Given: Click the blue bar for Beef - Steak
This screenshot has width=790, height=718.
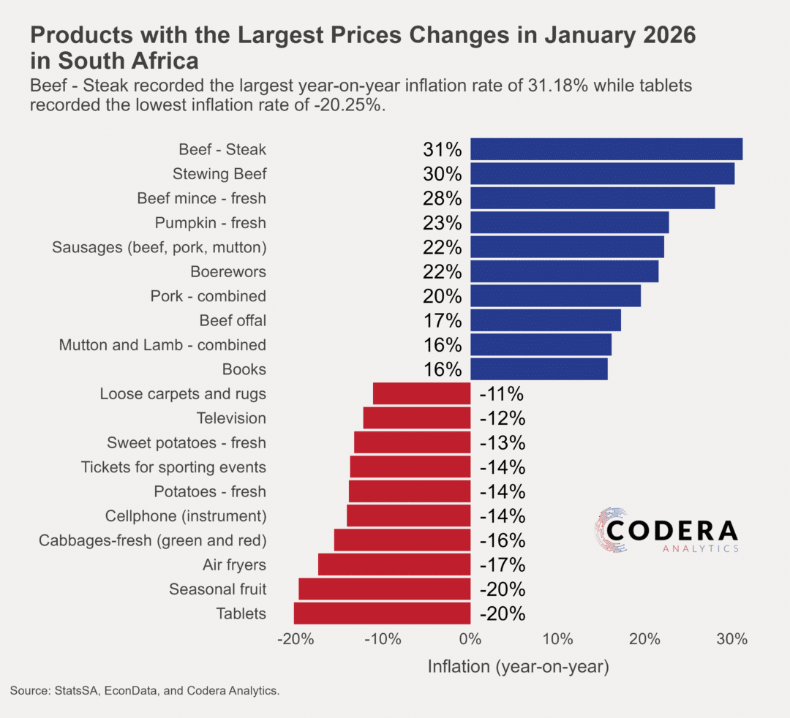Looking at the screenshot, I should point(606,149).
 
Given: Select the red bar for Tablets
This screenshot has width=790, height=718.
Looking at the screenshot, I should point(382,613).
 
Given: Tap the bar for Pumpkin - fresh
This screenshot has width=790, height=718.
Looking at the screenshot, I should point(569,222).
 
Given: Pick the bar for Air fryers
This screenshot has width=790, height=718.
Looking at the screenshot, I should point(394,564).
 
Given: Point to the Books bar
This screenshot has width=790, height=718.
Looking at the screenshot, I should point(538,369).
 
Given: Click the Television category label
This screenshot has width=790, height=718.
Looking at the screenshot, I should point(231,418).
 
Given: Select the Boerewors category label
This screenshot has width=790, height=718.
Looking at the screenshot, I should point(228,272).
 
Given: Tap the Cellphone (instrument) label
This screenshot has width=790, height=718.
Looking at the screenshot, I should point(186,516).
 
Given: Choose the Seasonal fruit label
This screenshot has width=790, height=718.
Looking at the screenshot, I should point(217,589).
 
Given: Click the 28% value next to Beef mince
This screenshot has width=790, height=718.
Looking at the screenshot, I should point(443,199).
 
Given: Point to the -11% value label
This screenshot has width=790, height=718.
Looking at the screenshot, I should point(502,394).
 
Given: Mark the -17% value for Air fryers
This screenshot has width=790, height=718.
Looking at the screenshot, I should point(502,565).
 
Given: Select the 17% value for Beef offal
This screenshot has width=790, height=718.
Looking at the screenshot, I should point(443,321).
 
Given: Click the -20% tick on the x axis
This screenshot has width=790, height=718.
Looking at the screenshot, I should point(296,639).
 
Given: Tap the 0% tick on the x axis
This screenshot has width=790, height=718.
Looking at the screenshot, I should point(470,639).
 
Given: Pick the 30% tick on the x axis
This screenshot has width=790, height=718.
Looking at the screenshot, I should point(731,639).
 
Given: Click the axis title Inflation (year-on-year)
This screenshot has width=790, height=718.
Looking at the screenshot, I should point(518,666).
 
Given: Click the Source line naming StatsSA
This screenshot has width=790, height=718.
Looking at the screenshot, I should point(145,690).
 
